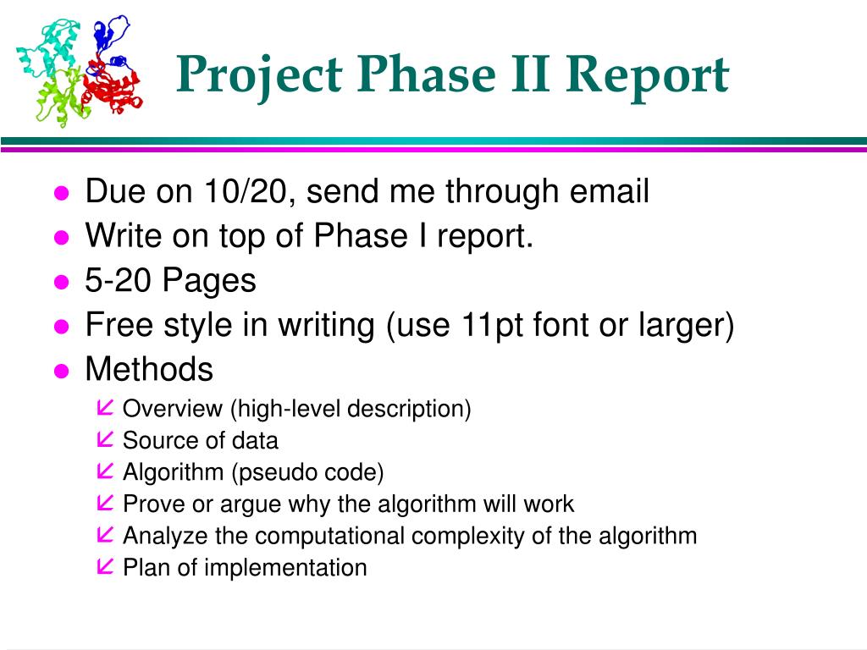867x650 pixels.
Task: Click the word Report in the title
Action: point(647,76)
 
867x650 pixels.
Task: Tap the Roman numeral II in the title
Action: point(530,73)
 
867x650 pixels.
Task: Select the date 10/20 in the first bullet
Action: point(246,191)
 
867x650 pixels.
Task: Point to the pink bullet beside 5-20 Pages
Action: point(61,282)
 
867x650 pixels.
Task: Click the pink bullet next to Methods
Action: point(61,371)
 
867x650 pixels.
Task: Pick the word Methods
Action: point(149,369)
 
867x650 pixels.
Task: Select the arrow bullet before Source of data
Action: point(104,439)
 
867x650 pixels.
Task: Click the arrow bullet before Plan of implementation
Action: point(104,566)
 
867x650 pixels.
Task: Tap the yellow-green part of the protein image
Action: point(62,96)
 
